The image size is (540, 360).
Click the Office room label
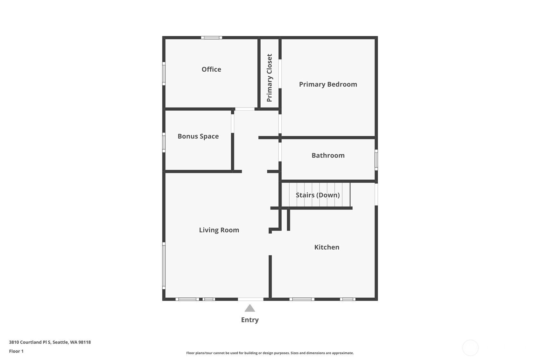click(211, 69)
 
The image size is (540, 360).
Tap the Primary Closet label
click(269, 78)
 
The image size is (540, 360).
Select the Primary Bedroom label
click(328, 84)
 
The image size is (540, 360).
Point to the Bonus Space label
click(198, 137)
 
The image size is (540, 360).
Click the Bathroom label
click(328, 155)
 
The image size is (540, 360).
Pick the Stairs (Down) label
click(318, 195)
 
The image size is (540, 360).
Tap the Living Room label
click(219, 230)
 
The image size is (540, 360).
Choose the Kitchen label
click(327, 247)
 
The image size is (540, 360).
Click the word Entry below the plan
click(250, 320)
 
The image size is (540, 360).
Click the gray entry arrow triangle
click(250, 308)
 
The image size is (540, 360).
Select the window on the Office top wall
click(211, 38)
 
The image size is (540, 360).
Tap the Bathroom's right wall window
click(376, 159)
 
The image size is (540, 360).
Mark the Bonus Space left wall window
click(164, 142)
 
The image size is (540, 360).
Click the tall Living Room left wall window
click(164, 266)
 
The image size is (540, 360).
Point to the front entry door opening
click(250, 299)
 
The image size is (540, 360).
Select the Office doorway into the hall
click(245, 109)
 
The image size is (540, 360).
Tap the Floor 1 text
click(17, 351)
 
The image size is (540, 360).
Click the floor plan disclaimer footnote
click(270, 353)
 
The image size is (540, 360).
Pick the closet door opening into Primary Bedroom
click(280, 74)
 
